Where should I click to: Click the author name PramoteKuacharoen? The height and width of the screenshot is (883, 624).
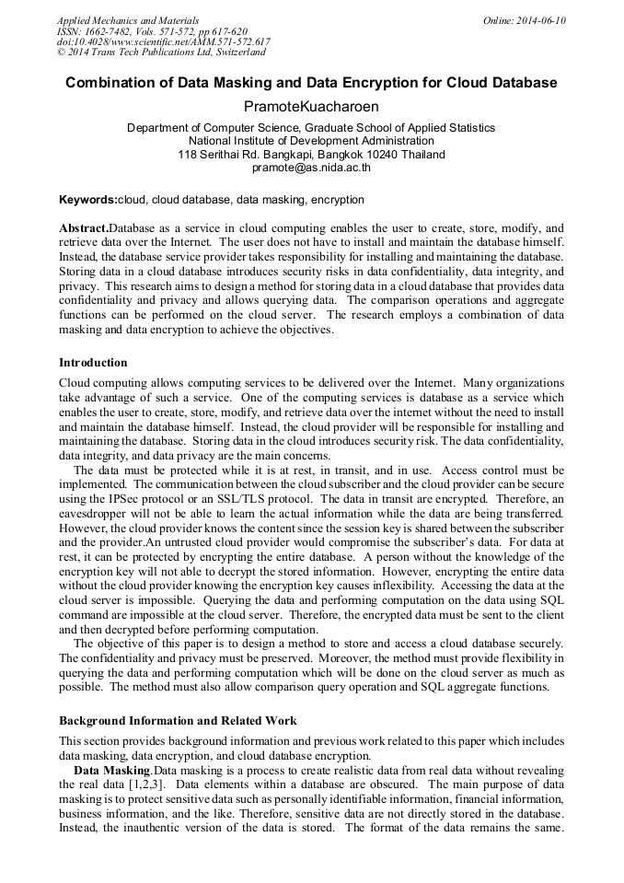click(x=311, y=107)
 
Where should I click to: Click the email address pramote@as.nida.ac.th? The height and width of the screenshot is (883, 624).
click(x=311, y=168)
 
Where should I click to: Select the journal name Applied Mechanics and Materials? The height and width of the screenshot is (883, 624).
click(x=129, y=20)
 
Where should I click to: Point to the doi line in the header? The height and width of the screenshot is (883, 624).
click(x=164, y=42)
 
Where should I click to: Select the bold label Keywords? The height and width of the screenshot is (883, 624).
click(x=87, y=200)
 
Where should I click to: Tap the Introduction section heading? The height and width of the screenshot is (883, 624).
click(x=93, y=363)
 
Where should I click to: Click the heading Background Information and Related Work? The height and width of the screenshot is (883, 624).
click(x=178, y=721)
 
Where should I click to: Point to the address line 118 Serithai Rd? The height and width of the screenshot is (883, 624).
click(x=311, y=155)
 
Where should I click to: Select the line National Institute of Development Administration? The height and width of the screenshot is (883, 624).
click(x=311, y=141)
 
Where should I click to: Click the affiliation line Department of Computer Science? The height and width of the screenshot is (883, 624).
click(x=311, y=128)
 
